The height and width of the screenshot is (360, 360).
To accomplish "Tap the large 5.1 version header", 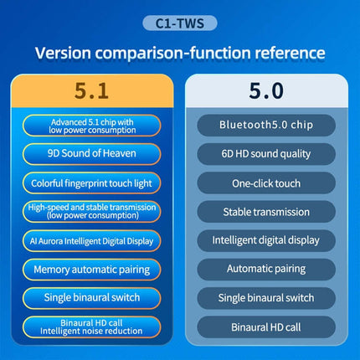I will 91,90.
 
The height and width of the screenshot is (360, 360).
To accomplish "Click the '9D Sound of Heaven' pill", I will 92,153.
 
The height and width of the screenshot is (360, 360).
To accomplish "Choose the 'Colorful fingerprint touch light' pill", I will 92,183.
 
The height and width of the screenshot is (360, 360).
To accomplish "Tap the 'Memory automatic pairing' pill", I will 92,270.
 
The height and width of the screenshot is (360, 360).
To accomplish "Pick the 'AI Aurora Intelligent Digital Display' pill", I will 92,241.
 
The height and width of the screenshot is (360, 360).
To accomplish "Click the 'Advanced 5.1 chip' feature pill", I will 92,125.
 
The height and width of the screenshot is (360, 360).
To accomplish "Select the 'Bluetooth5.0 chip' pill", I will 266,125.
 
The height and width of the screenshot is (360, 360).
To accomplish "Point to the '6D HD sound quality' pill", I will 266,153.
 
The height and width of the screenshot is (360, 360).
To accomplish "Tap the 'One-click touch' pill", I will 266,183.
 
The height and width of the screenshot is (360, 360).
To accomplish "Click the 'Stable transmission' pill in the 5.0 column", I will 266,212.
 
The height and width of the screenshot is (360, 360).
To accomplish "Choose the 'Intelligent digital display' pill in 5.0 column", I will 266,240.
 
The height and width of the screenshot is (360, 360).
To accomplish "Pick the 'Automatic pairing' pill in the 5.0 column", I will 266,269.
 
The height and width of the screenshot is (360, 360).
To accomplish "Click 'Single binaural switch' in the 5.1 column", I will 92,297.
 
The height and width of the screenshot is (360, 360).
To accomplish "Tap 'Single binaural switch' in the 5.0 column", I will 266,297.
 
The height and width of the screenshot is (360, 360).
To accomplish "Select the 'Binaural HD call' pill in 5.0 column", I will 266,327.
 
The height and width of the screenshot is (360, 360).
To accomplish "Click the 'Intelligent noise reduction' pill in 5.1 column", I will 92,327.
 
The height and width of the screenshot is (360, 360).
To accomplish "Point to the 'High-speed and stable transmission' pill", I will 92,212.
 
